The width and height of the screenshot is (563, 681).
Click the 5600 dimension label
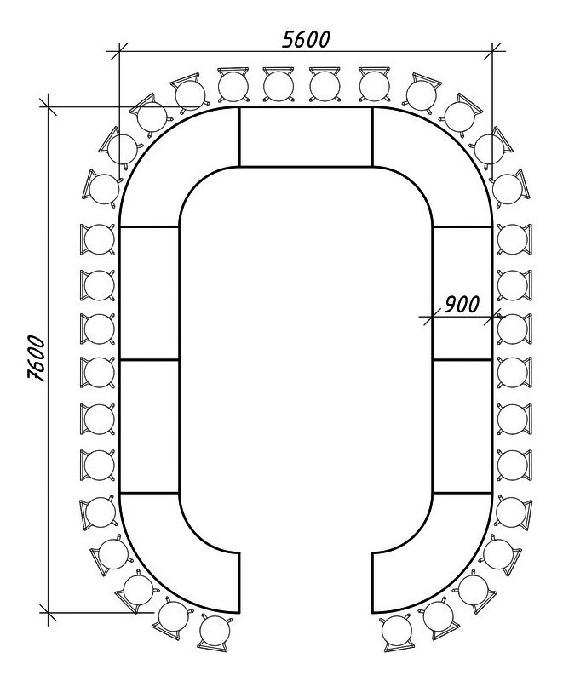tap(306, 39)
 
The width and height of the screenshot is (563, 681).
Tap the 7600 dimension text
tap(37, 358)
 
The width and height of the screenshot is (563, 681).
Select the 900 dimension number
tap(462, 305)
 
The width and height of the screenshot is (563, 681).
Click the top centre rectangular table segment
tap(306, 136)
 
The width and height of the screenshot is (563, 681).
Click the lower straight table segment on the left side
tap(149, 426)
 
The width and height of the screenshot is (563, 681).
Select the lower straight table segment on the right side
tap(462, 426)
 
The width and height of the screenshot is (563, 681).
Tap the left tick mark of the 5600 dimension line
tap(119, 51)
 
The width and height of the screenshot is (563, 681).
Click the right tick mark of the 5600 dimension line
tap(492, 51)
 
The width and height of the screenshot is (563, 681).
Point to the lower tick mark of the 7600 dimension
tap(48, 612)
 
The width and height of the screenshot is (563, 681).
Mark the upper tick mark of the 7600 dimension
tap(48, 106)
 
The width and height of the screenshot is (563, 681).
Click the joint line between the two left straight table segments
tap(149, 359)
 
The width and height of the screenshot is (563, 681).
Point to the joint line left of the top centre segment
tap(239, 136)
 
